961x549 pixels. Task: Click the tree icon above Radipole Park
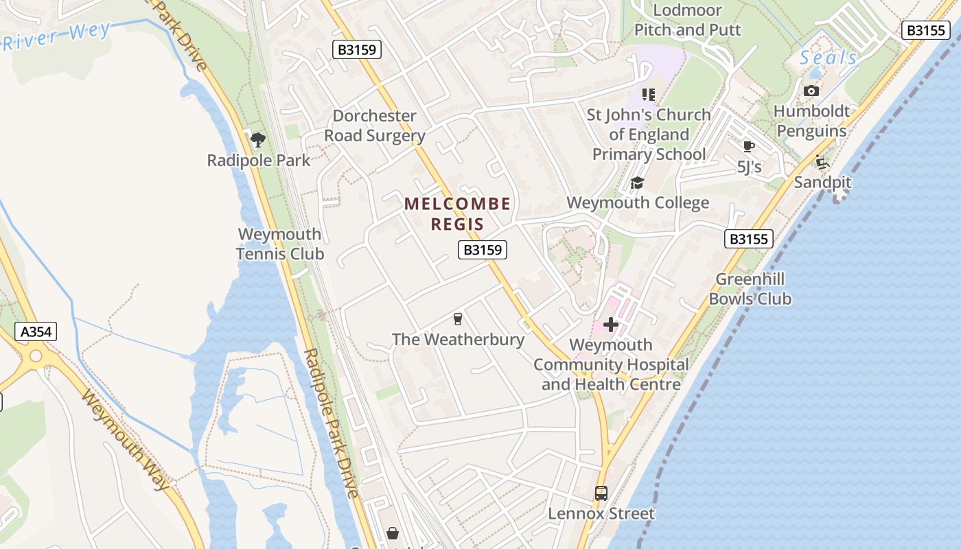[258, 141]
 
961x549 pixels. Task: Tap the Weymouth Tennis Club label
[280, 244]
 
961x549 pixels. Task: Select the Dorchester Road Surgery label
[375, 126]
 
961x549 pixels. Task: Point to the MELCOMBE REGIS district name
[457, 213]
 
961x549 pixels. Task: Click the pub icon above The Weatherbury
[458, 318]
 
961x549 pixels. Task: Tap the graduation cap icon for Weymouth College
[637, 183]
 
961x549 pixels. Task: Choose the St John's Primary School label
[649, 135]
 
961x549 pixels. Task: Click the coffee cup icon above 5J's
[749, 146]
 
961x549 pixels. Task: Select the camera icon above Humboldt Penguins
[811, 91]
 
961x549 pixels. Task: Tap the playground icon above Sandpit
[822, 163]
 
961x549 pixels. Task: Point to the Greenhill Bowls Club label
[750, 289]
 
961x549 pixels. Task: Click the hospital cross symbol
[610, 325]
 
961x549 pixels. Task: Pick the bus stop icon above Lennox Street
[601, 493]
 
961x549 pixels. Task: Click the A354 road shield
[36, 332]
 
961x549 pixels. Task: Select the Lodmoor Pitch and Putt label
[687, 20]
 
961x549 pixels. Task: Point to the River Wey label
[56, 35]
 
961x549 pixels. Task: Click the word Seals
[829, 58]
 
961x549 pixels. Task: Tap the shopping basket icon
[393, 533]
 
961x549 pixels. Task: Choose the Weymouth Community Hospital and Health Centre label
[611, 364]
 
